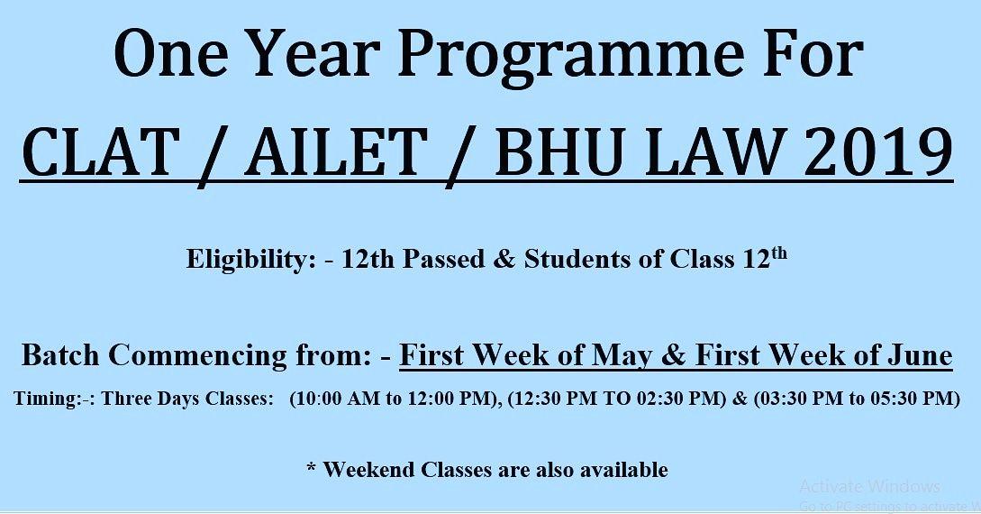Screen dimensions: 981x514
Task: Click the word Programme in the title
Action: pos(571,55)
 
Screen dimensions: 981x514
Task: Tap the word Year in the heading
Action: pos(312,52)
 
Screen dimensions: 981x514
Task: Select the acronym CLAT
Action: pos(97,151)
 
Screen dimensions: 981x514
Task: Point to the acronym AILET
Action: pos(333,151)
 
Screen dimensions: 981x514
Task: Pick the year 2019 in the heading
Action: pos(877,151)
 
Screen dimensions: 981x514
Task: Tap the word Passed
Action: pos(443,259)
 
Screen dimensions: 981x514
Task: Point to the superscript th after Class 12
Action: pos(778,253)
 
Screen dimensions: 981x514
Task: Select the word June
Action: pos(921,355)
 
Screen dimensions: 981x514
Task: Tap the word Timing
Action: pos(48,399)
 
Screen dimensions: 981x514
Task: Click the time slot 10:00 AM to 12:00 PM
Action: pos(395,399)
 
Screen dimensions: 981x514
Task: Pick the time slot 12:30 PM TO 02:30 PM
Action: pos(615,399)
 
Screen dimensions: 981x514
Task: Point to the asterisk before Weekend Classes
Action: pos(312,467)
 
